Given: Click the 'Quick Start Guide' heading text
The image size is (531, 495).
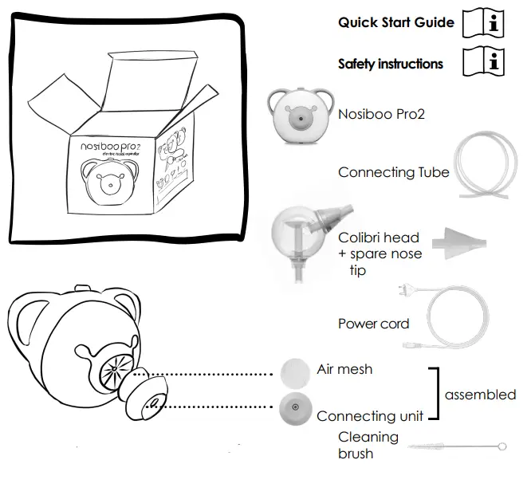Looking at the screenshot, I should pos(396,22).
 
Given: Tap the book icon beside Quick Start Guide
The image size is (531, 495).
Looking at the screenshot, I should pos(485,22).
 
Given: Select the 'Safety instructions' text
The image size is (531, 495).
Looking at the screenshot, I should pos(390,64).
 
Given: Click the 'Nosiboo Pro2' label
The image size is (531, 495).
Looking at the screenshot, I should pos(381,114).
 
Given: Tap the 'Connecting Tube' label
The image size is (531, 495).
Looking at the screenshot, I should pos(393,172).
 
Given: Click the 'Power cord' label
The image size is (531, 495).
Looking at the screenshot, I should pos(373,324).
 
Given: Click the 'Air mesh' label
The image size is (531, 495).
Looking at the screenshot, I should pos(344,369).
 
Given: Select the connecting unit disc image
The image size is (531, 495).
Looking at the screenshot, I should pos(295,408).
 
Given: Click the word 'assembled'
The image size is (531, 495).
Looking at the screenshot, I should pos(480,394).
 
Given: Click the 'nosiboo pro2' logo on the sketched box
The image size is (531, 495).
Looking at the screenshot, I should pos(112,148).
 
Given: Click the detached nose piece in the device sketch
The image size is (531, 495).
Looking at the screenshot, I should pos(146,396).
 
